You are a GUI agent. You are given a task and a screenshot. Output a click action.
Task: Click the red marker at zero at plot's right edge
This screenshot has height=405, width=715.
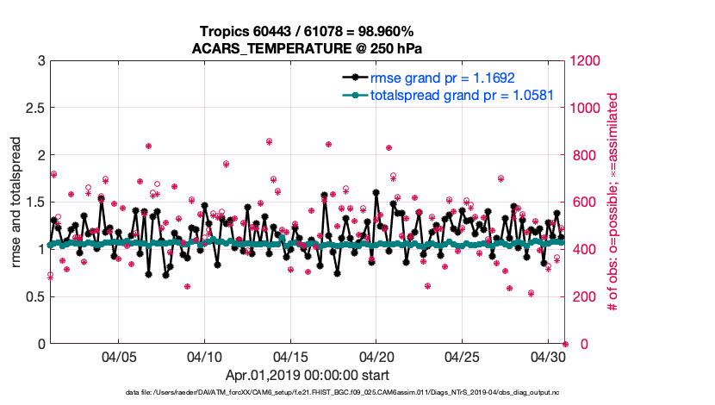tap(565, 344)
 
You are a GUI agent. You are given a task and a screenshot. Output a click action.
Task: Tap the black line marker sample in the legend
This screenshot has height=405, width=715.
tap(356, 78)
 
